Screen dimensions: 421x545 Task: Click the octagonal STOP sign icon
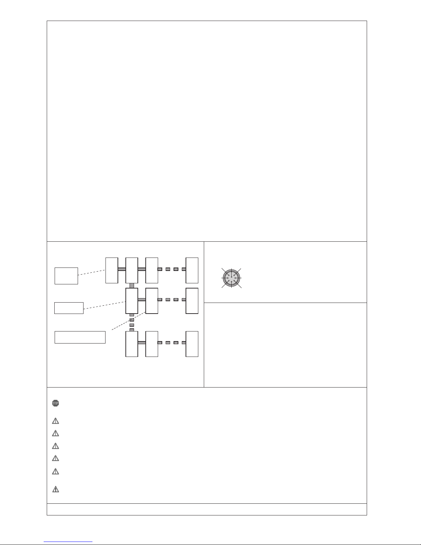tap(55, 403)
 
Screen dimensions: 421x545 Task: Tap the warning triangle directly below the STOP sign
tap(55, 421)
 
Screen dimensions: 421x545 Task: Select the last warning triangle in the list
tap(55, 489)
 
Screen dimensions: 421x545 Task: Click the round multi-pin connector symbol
tap(232, 278)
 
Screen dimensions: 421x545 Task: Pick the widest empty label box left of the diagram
tap(80, 337)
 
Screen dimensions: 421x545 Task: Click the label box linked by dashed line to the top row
tap(66, 276)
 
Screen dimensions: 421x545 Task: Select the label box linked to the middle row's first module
tap(69, 308)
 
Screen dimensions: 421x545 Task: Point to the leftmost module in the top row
tap(112, 270)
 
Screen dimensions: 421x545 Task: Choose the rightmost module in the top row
tap(192, 270)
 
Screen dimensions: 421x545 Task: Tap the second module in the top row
tap(132, 270)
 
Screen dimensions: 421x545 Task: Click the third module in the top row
tap(152, 270)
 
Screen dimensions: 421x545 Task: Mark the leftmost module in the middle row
tap(132, 301)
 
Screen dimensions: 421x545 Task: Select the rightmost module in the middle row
tap(192, 301)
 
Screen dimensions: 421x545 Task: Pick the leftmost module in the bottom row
tap(132, 344)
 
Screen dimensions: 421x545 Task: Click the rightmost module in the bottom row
tap(192, 344)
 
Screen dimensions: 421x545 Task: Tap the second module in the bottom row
tap(152, 344)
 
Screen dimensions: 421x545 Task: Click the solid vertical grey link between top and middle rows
tap(132, 285)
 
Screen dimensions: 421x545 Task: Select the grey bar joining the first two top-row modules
tap(122, 269)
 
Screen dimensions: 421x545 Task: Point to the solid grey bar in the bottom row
tap(142, 342)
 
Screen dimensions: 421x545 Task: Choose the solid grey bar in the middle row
tap(142, 299)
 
